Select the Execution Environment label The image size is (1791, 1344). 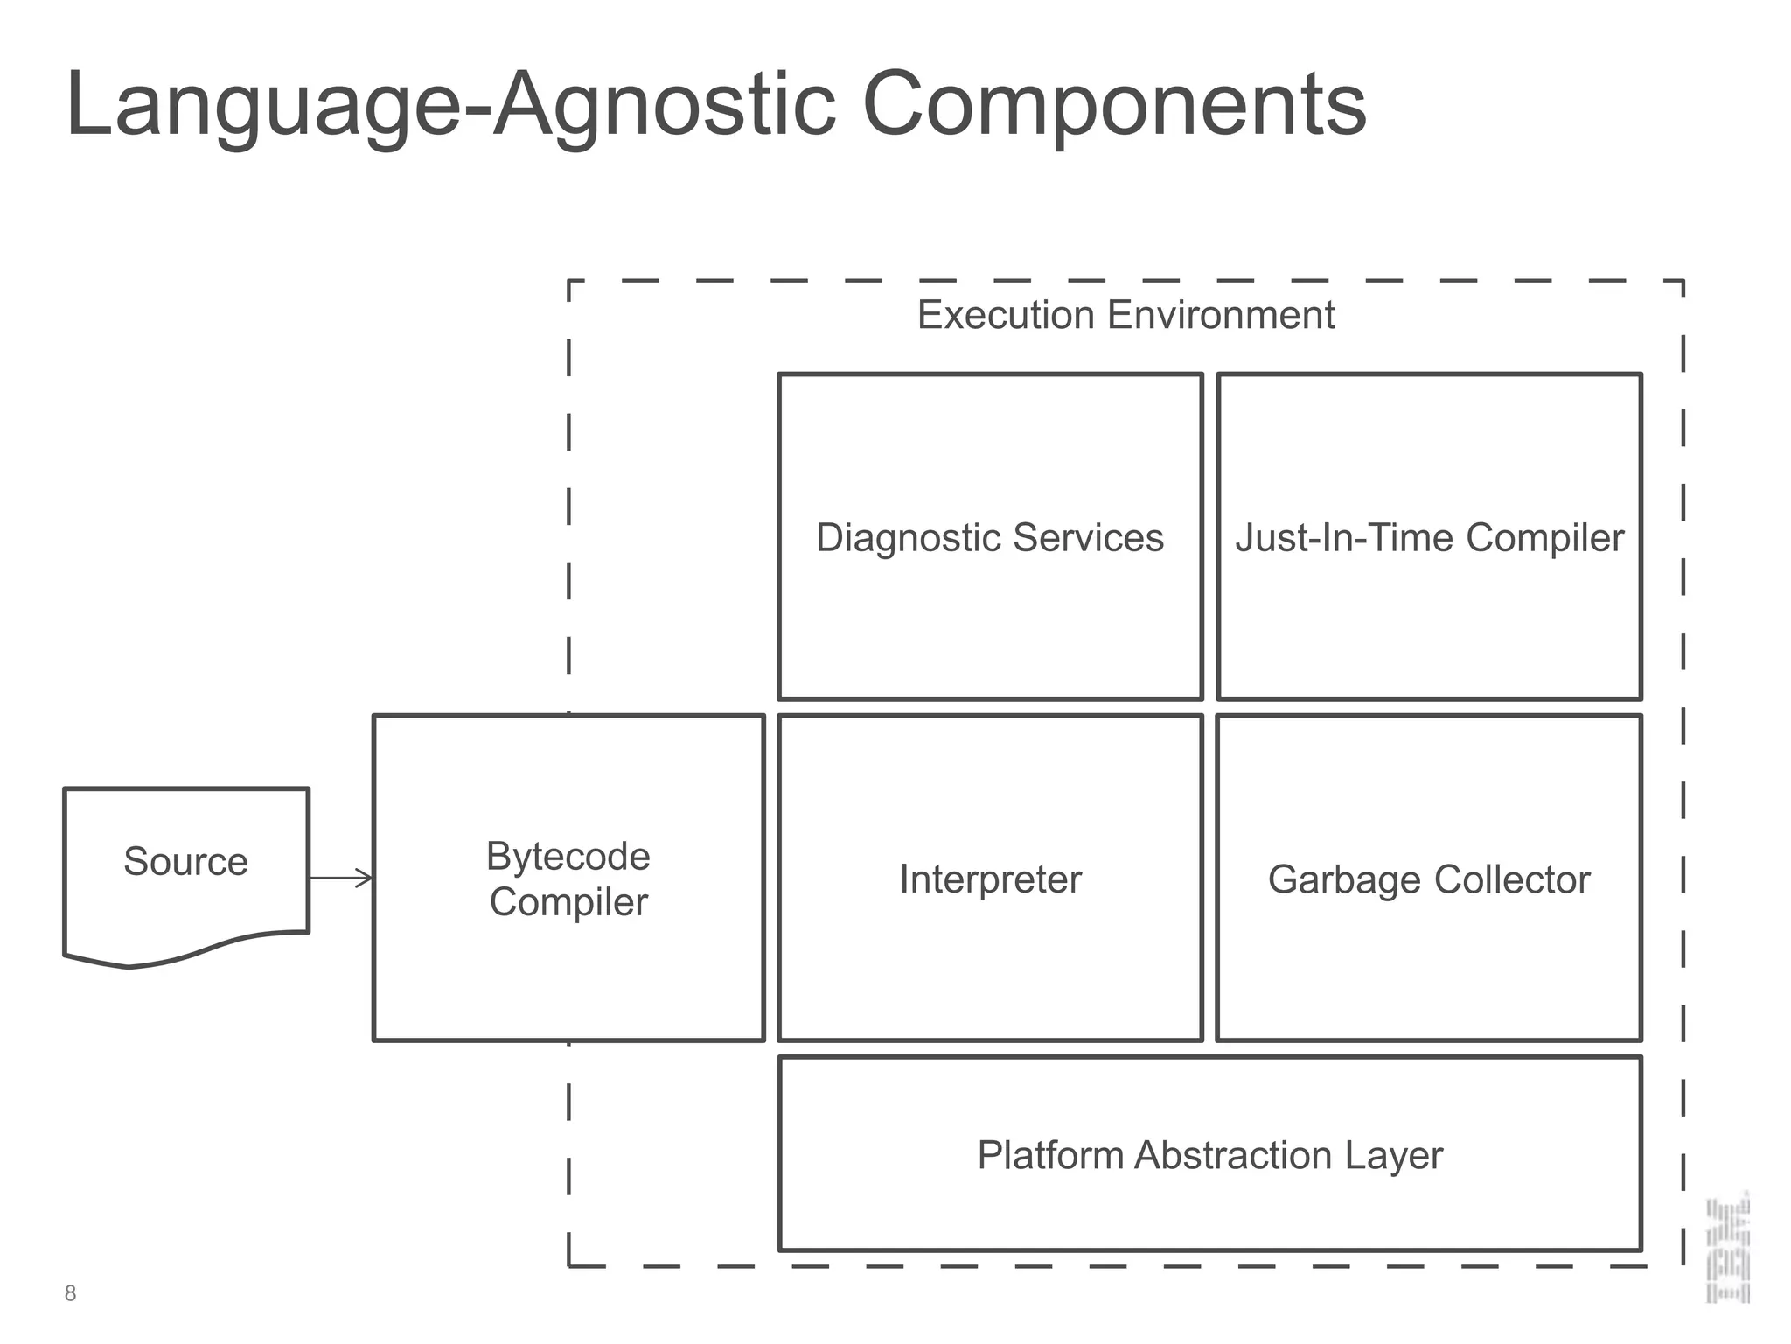point(1125,315)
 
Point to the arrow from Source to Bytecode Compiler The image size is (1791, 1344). point(341,878)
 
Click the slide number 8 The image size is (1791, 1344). point(71,1293)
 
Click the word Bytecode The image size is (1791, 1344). point(568,857)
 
